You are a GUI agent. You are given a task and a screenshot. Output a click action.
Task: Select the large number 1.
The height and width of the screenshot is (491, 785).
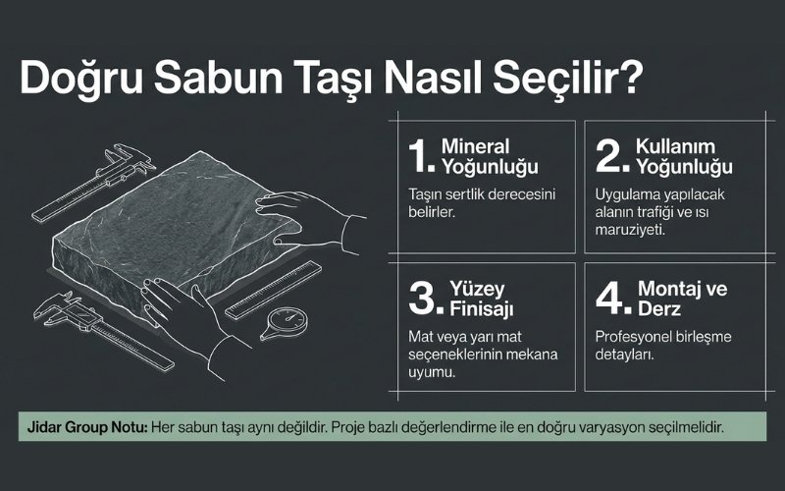419,156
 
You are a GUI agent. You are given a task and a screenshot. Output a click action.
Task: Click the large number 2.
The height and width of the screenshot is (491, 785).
610,156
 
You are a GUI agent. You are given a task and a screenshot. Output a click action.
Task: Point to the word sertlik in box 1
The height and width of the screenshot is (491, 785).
476,193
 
